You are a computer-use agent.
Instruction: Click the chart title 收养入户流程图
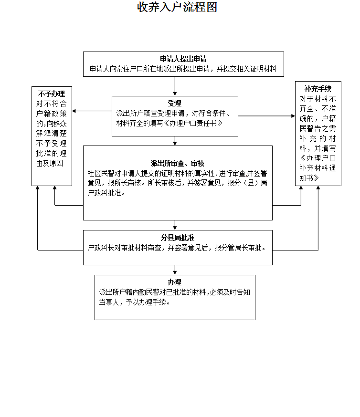click(177, 8)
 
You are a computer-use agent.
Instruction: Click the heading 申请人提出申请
click(183, 59)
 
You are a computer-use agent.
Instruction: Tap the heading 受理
click(175, 103)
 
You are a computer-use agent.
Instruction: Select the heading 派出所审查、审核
click(178, 164)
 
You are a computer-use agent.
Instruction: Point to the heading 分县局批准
click(177, 238)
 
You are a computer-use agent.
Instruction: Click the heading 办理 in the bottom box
click(175, 282)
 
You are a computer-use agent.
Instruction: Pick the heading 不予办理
click(52, 94)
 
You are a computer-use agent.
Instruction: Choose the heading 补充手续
click(318, 89)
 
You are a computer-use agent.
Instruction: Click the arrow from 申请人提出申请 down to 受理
click(175, 86)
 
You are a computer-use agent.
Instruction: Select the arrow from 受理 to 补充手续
click(267, 116)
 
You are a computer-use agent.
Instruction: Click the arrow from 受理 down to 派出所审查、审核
click(175, 141)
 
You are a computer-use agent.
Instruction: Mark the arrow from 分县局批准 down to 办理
click(175, 270)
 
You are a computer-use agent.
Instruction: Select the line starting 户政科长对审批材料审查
click(176, 248)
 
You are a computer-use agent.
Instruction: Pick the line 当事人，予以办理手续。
click(135, 302)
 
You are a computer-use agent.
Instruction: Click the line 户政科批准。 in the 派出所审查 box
click(106, 193)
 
